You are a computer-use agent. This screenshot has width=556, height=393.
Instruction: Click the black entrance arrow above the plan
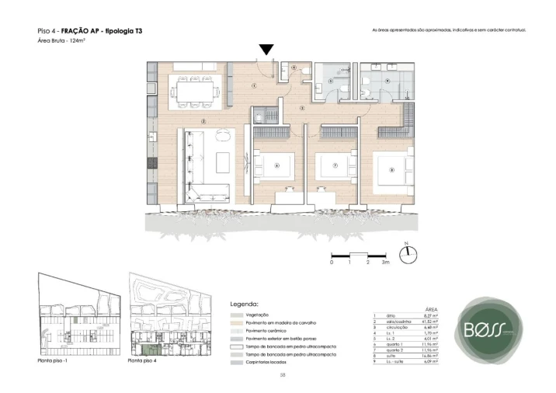(266, 50)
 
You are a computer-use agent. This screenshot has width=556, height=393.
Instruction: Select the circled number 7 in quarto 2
(335, 165)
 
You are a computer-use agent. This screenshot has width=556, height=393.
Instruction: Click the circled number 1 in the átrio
(254, 85)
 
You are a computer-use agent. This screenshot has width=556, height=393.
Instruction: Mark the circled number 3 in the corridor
(302, 108)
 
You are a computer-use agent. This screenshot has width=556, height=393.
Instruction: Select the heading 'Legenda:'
(245, 304)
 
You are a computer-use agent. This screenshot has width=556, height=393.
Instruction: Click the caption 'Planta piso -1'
(54, 362)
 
